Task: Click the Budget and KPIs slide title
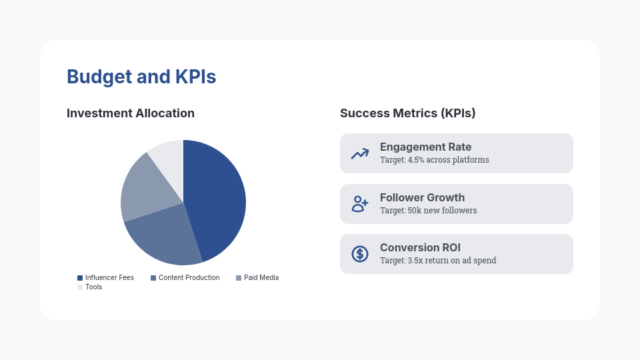click(141, 77)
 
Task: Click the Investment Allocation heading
click(131, 113)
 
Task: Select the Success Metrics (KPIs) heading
click(407, 113)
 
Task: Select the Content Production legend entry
click(185, 277)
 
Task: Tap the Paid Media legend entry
click(257, 277)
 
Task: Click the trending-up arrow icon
click(360, 153)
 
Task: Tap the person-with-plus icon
click(360, 204)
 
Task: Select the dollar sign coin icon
click(360, 254)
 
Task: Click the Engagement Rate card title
click(425, 147)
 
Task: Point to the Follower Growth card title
click(422, 198)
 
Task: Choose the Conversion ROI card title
click(420, 248)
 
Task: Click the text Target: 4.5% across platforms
click(434, 160)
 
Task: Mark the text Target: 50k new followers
click(428, 211)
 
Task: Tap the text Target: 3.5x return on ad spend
click(437, 261)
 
